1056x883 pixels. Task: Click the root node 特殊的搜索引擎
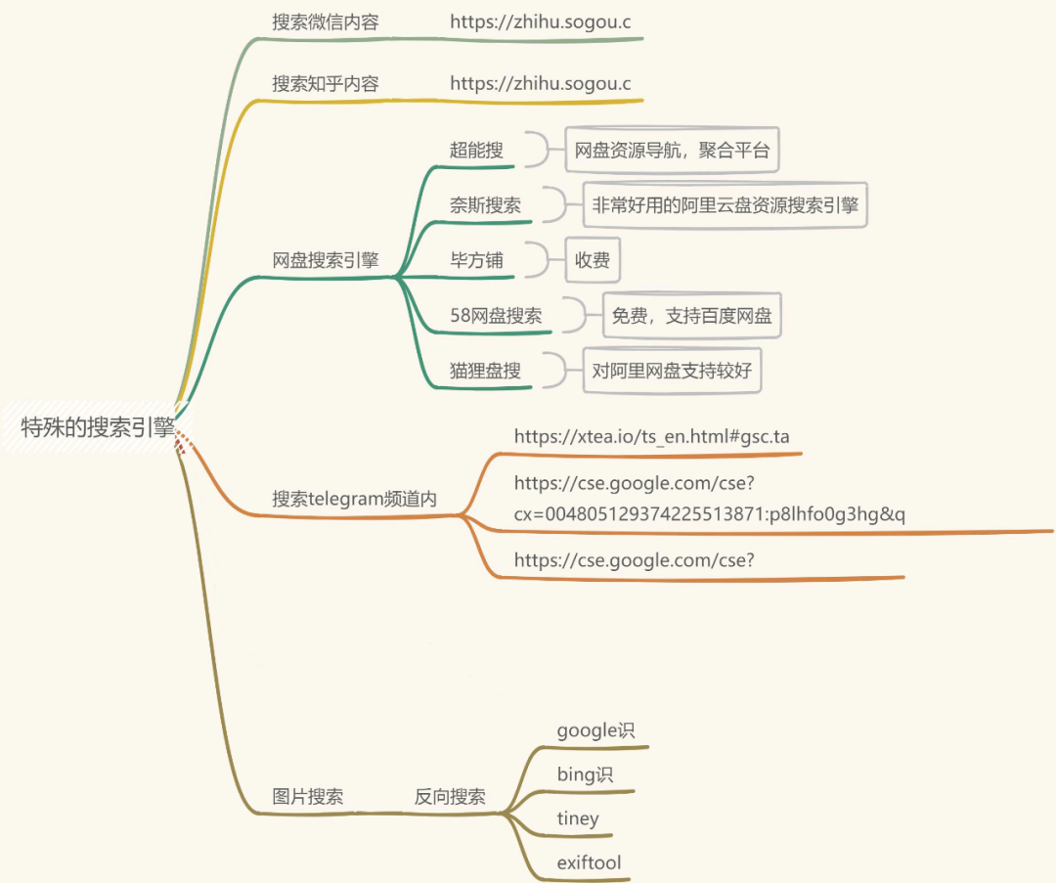click(98, 427)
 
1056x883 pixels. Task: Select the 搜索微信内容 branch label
click(325, 22)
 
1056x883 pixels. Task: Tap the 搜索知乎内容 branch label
click(325, 84)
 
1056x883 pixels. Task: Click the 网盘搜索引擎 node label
click(325, 260)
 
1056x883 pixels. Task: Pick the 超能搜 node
click(476, 150)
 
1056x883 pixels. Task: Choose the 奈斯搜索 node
click(485, 205)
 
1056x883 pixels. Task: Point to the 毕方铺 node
click(476, 260)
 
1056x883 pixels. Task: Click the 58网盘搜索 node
click(496, 315)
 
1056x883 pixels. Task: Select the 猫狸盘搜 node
click(485, 371)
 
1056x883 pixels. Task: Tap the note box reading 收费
click(593, 260)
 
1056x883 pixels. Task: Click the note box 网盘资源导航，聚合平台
click(672, 151)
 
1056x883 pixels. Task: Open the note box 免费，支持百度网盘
click(691, 316)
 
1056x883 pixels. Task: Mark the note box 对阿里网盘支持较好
click(672, 371)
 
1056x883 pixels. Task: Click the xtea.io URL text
click(651, 436)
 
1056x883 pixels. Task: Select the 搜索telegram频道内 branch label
click(354, 498)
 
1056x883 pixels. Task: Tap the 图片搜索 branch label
click(307, 796)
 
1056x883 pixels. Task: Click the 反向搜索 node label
click(450, 796)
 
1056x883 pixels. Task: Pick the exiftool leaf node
click(589, 862)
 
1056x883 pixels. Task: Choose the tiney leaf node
click(578, 818)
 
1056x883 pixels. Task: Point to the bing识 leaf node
click(585, 774)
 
